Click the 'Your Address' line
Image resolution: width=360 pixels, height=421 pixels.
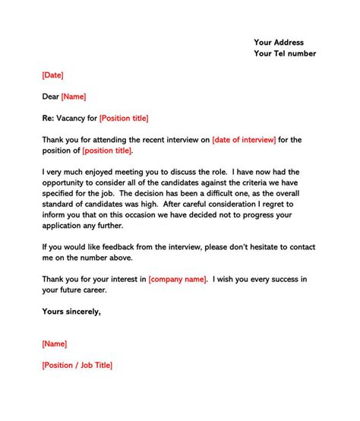pyautogui.click(x=279, y=42)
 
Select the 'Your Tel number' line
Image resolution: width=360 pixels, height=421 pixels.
pyautogui.click(x=285, y=53)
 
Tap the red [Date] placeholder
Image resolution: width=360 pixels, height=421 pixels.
pyautogui.click(x=52, y=75)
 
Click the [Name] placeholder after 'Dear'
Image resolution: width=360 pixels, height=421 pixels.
pyautogui.click(x=73, y=97)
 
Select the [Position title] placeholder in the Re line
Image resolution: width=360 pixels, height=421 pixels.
pyautogui.click(x=124, y=118)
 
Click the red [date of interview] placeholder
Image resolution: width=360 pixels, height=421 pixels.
pyautogui.click(x=244, y=140)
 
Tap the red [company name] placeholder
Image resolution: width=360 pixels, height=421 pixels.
pyautogui.click(x=177, y=280)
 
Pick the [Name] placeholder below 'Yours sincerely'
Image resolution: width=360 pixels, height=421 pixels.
pyautogui.click(x=55, y=343)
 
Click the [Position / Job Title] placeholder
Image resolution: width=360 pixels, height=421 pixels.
pyautogui.click(x=77, y=366)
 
